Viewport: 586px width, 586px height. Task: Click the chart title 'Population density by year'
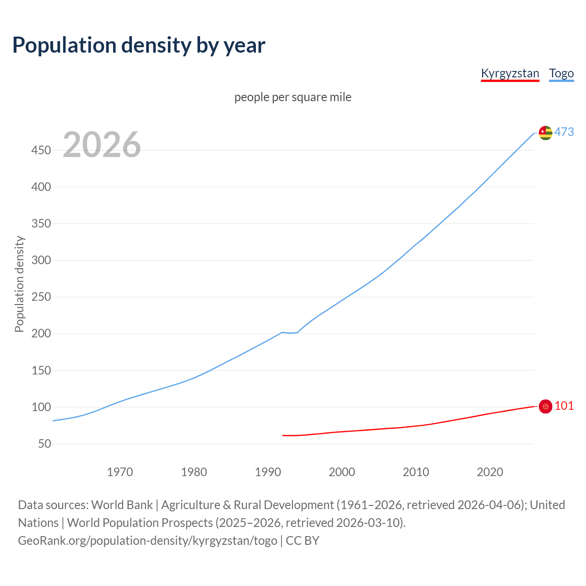click(x=139, y=45)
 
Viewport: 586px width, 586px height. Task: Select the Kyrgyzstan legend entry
click(x=510, y=73)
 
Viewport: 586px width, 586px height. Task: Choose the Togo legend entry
click(x=561, y=73)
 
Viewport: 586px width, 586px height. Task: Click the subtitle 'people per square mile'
click(x=293, y=97)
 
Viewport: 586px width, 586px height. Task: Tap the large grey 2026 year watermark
click(x=102, y=145)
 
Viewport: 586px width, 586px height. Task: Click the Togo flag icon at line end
click(x=545, y=133)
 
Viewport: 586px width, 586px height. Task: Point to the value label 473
click(x=564, y=132)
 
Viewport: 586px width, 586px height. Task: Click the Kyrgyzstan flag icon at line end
click(x=545, y=406)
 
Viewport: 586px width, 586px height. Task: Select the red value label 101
click(x=564, y=406)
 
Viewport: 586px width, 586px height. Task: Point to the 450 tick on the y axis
click(x=41, y=150)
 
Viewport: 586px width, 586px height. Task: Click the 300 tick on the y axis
click(x=41, y=260)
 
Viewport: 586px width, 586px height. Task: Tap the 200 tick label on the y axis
click(x=41, y=334)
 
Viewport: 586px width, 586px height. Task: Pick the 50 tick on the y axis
click(x=44, y=444)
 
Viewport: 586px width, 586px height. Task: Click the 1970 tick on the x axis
click(x=120, y=472)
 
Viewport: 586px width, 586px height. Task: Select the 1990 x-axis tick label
click(x=268, y=472)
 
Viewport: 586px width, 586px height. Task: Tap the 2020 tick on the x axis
click(x=490, y=472)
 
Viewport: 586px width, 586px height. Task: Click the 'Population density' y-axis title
click(x=19, y=284)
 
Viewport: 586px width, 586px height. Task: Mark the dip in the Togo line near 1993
click(x=290, y=333)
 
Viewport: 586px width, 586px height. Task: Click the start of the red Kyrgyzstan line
click(x=283, y=435)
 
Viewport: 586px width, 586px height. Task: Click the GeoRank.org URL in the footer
click(x=147, y=541)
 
